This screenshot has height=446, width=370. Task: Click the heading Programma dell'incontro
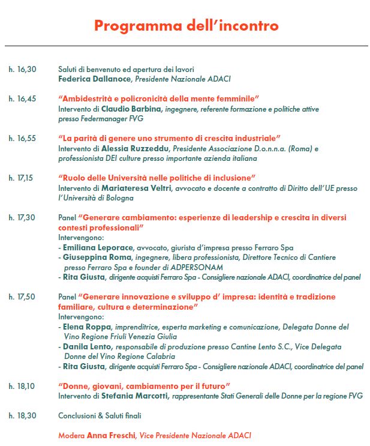click(186, 26)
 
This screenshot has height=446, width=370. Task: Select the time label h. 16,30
click(22, 70)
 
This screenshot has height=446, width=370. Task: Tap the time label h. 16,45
click(22, 98)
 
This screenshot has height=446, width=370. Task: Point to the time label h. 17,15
click(22, 178)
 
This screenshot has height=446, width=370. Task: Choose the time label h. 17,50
click(22, 297)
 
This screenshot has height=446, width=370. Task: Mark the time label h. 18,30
click(22, 415)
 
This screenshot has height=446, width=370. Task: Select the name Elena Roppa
click(83, 327)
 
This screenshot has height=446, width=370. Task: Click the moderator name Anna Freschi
click(111, 435)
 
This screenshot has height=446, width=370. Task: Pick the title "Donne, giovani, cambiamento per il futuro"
click(145, 386)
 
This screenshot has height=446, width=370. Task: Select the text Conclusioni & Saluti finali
click(100, 415)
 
